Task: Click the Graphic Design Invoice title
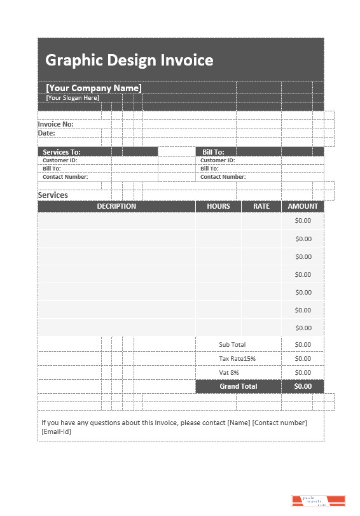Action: (129, 60)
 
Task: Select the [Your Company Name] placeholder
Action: (93, 88)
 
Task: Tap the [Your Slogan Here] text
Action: (73, 98)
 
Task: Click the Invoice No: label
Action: (56, 124)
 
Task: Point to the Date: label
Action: (46, 134)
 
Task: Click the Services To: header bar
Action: (62, 152)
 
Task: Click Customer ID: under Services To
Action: (60, 160)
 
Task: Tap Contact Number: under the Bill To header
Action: (223, 177)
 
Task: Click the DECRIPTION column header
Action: (116, 206)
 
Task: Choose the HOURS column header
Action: (218, 206)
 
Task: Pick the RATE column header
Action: (261, 206)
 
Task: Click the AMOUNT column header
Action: (303, 206)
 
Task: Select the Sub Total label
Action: (232, 344)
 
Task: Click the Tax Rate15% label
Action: (237, 358)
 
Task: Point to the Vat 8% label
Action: (229, 372)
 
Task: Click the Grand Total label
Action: (239, 386)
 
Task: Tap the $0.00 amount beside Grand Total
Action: (303, 386)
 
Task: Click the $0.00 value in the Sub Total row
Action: (303, 344)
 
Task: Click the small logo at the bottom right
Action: (318, 501)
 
